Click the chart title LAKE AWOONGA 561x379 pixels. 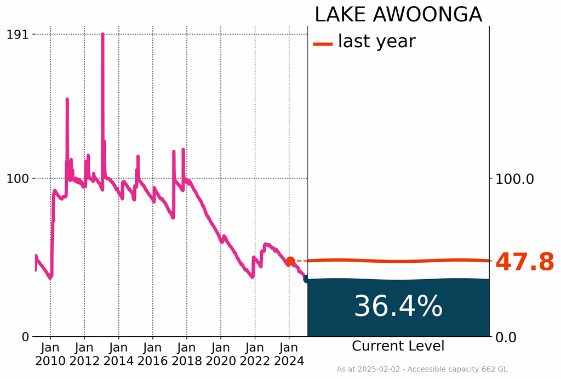click(x=398, y=15)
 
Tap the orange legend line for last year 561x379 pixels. click(x=323, y=44)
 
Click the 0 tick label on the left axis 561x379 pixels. click(x=25, y=336)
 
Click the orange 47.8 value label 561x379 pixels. click(x=525, y=263)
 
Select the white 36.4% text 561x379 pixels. click(x=398, y=306)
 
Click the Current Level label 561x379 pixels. click(x=398, y=346)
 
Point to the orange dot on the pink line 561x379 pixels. click(x=290, y=261)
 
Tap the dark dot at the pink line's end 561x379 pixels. click(x=307, y=279)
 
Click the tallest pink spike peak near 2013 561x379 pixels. click(x=102, y=35)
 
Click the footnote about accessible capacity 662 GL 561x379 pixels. click(x=422, y=369)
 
